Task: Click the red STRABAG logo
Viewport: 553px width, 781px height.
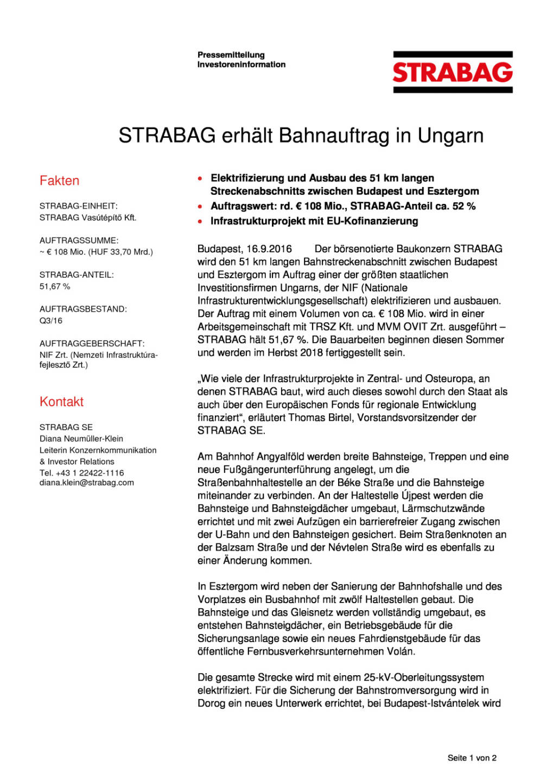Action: coord(453,72)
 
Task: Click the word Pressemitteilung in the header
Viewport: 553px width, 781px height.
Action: coord(231,55)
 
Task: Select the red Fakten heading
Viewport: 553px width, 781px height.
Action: coord(59,181)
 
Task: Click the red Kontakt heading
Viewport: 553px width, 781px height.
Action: coord(61,402)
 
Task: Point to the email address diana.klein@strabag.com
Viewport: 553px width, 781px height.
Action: coord(87,483)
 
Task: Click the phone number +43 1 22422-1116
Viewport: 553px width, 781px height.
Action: coord(90,473)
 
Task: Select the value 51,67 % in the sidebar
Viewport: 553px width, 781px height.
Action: coord(55,286)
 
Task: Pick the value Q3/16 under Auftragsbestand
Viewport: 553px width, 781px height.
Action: coord(51,321)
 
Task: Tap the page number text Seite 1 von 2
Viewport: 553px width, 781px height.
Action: coord(472,758)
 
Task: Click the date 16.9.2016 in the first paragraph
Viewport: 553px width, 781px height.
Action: coord(269,249)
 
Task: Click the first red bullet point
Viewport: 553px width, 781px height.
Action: coord(201,178)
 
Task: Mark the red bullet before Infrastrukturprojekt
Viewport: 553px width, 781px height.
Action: coord(201,221)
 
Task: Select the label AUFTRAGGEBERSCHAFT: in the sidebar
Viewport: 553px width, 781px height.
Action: coord(92,343)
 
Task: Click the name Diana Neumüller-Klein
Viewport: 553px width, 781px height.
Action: coord(81,439)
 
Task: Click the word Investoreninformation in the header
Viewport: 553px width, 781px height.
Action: coord(241,65)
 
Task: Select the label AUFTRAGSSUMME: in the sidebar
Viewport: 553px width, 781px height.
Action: coord(79,240)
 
